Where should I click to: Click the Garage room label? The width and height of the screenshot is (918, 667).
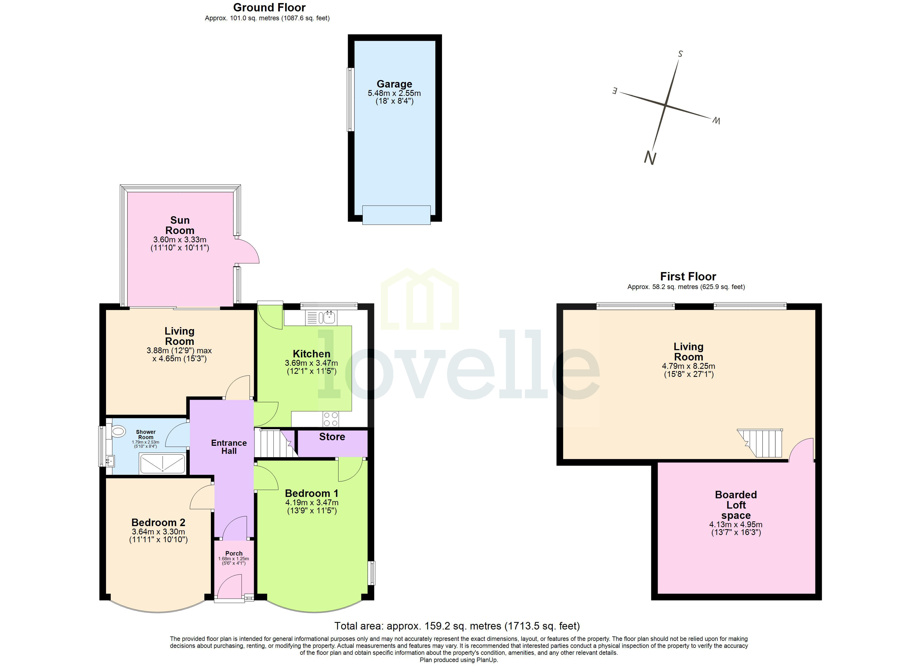point(394,84)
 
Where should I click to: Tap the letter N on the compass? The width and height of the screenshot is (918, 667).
point(650,158)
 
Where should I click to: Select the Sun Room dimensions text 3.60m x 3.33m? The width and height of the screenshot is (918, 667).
point(180,240)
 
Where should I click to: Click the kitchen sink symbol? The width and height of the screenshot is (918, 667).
point(327,318)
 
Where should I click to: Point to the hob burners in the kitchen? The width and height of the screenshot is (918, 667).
point(331,419)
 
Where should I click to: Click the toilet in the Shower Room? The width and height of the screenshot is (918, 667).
point(118,432)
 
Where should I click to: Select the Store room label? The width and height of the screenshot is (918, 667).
point(332,437)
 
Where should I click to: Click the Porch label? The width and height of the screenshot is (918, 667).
point(234,553)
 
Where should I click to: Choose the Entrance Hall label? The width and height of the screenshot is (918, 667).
point(229,447)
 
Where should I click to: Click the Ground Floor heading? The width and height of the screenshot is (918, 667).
point(269,8)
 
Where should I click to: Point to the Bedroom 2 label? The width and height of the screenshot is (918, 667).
point(158,522)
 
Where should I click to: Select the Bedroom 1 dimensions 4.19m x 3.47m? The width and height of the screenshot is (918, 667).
point(312,502)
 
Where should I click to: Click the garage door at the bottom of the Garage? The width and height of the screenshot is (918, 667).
point(396,215)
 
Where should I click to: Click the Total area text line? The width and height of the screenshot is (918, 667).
point(457,626)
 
